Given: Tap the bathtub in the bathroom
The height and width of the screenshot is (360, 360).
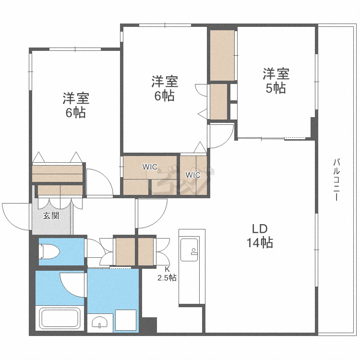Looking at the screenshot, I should (x=59, y=318).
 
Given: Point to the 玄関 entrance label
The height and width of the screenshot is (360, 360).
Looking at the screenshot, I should (x=51, y=216).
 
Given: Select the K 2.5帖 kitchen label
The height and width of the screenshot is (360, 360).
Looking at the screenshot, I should (x=167, y=273).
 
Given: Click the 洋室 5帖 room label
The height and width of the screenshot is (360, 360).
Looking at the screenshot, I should (x=276, y=81).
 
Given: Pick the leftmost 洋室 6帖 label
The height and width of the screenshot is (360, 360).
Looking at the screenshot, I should (x=76, y=105).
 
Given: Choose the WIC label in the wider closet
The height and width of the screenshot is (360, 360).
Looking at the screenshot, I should (x=149, y=167).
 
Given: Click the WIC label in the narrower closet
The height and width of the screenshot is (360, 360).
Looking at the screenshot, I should (x=193, y=175).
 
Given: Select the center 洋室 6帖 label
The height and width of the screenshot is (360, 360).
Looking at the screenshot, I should (x=164, y=88).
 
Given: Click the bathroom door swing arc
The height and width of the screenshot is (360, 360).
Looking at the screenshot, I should (x=72, y=283).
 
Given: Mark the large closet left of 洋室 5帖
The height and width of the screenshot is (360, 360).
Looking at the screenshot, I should (x=222, y=55).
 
